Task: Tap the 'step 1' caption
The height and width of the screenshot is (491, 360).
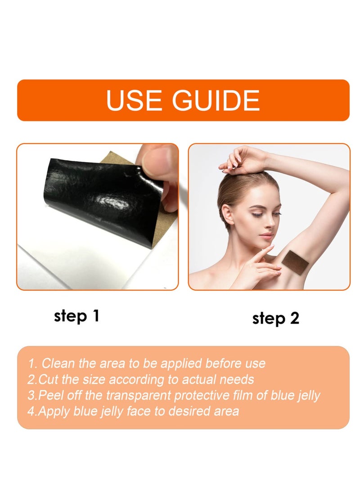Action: pyautogui.click(x=76, y=316)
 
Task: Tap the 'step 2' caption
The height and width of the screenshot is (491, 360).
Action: pyautogui.click(x=275, y=318)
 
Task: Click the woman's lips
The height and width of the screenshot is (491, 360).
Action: pyautogui.click(x=266, y=236)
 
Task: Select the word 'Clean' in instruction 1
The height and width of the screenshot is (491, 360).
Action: pyautogui.click(x=59, y=363)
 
